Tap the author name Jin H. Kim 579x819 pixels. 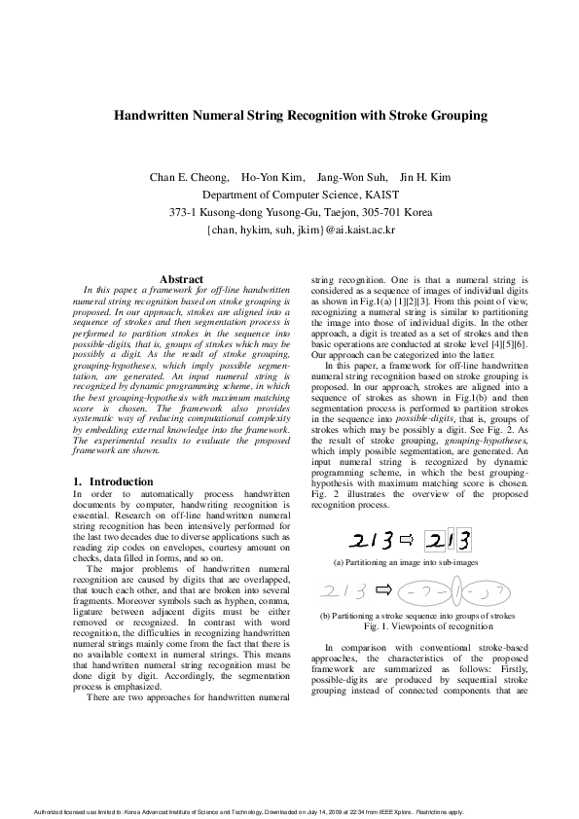tap(426, 177)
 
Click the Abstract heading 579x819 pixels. tap(181, 280)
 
